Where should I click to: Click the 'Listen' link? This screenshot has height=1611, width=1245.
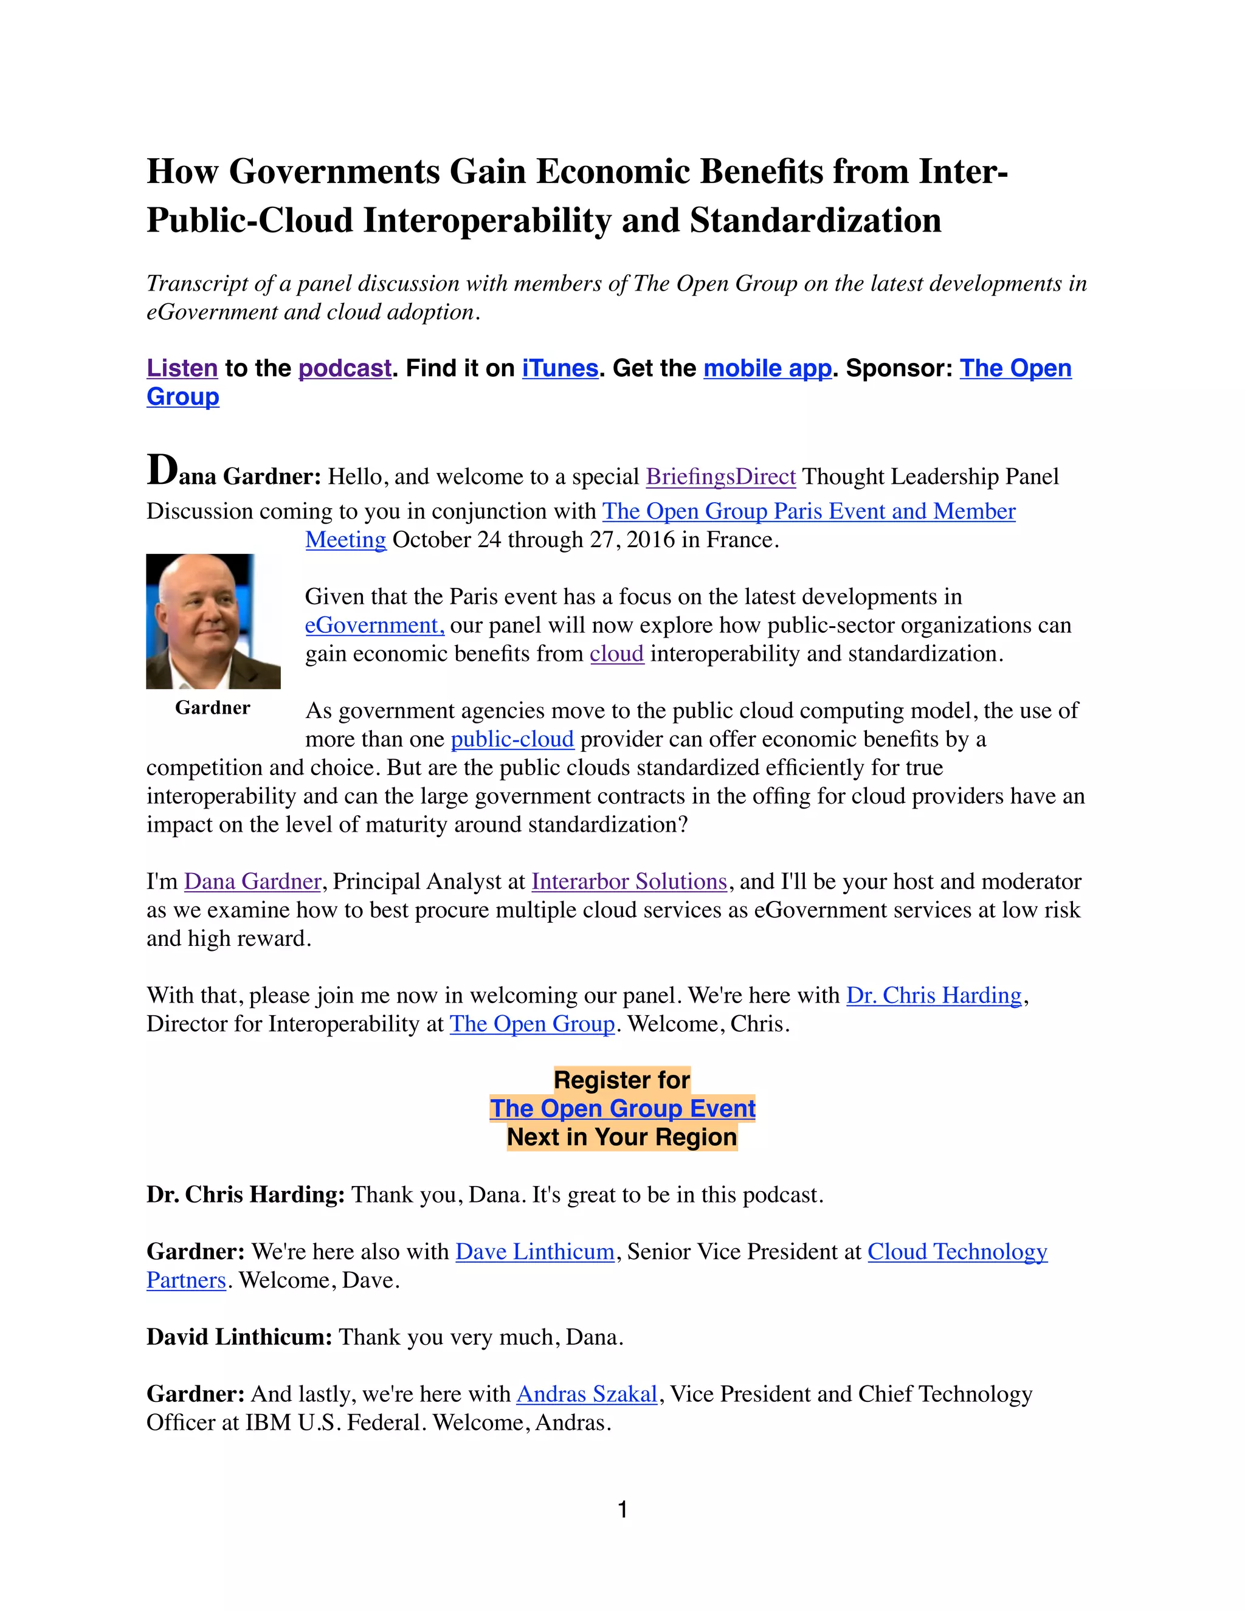181,368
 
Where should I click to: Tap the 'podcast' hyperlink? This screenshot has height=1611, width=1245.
345,368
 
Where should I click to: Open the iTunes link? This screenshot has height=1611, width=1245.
560,368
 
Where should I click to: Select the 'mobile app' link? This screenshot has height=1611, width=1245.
767,368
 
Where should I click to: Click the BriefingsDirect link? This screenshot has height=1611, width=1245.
720,477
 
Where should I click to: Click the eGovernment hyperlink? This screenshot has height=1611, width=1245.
374,626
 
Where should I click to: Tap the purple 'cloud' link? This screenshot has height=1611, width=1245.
616,654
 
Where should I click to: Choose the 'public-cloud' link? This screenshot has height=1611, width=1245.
512,739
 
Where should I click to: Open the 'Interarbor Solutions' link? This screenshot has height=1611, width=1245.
629,881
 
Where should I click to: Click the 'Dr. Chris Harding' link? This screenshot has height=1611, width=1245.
933,996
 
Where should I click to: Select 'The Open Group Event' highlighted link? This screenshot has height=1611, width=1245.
622,1109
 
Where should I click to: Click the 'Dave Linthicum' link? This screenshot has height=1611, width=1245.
535,1252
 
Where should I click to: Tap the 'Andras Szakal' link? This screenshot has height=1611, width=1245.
587,1394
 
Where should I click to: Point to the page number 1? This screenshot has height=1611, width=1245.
622,1510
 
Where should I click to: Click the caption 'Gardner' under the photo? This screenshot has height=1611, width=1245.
212,708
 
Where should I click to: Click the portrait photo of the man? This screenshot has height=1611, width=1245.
213,621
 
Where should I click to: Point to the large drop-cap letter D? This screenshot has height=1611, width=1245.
162,471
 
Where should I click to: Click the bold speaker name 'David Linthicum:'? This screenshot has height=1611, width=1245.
239,1337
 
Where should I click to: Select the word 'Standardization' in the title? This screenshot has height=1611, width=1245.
815,221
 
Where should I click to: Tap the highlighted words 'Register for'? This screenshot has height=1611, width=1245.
622,1080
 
